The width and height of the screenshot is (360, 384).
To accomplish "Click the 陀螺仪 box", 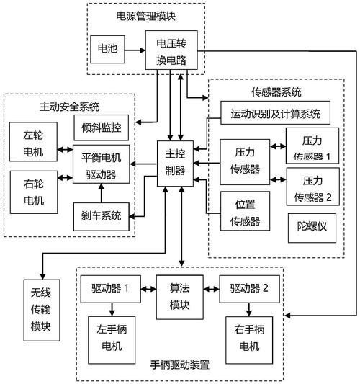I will [x=312, y=225].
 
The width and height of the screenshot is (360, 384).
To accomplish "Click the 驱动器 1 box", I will [x=111, y=288].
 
